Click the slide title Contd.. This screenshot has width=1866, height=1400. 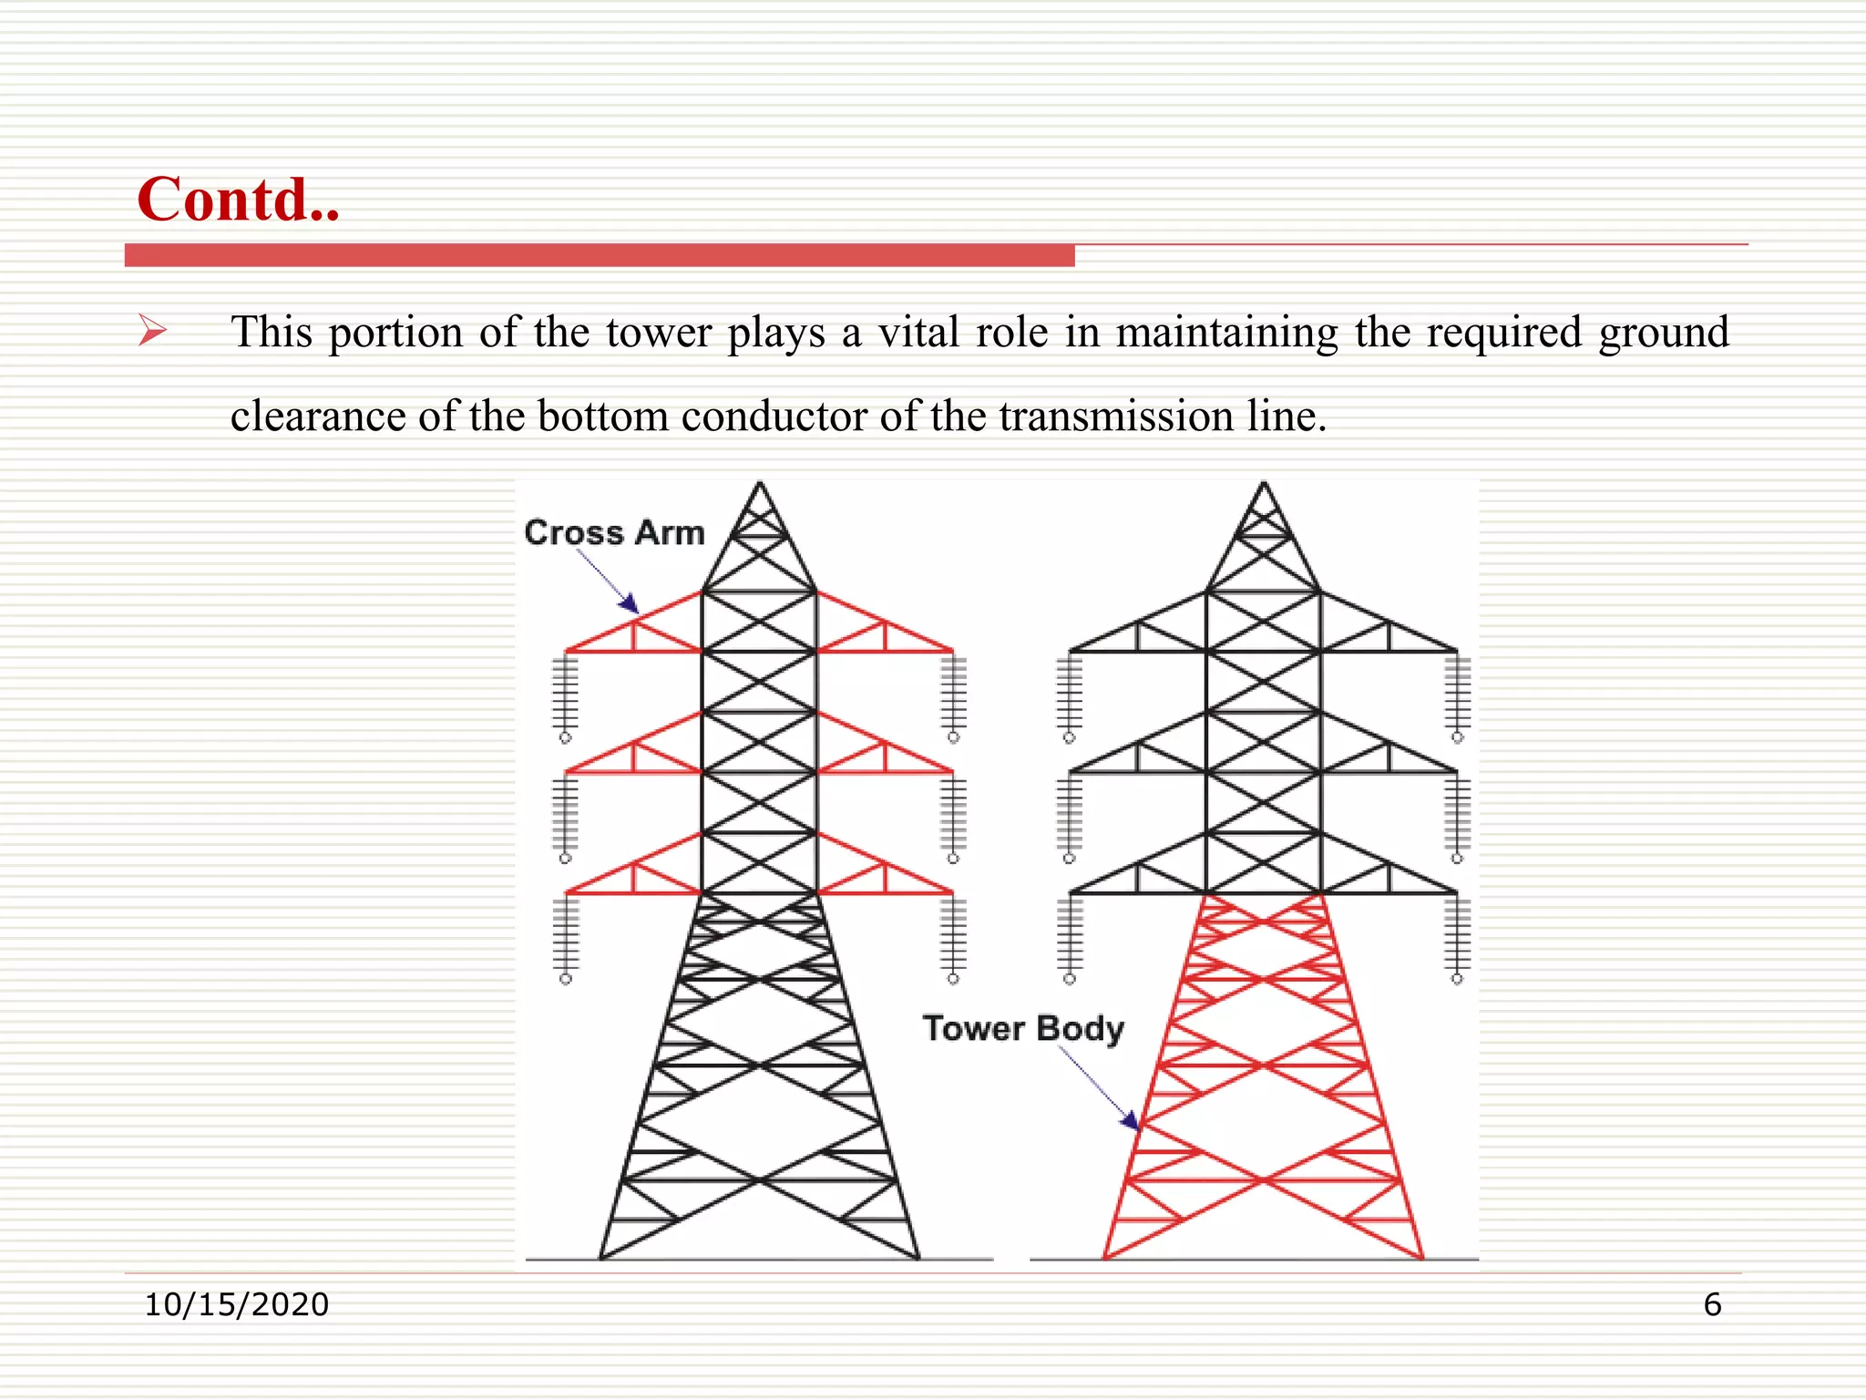238,200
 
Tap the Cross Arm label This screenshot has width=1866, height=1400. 615,533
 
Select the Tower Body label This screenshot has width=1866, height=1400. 1023,1028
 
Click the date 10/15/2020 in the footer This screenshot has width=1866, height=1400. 237,1304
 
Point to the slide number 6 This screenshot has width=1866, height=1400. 1712,1304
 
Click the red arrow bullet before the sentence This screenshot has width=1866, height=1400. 152,330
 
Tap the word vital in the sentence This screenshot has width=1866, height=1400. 918,332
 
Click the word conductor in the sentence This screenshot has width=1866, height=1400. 774,417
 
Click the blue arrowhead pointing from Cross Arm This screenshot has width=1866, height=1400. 629,603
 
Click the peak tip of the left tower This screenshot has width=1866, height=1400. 760,485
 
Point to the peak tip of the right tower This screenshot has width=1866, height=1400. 1264,485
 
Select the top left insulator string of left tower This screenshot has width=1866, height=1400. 566,697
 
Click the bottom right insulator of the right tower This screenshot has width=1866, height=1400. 1457,939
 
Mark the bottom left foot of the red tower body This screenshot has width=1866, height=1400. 1105,1257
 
